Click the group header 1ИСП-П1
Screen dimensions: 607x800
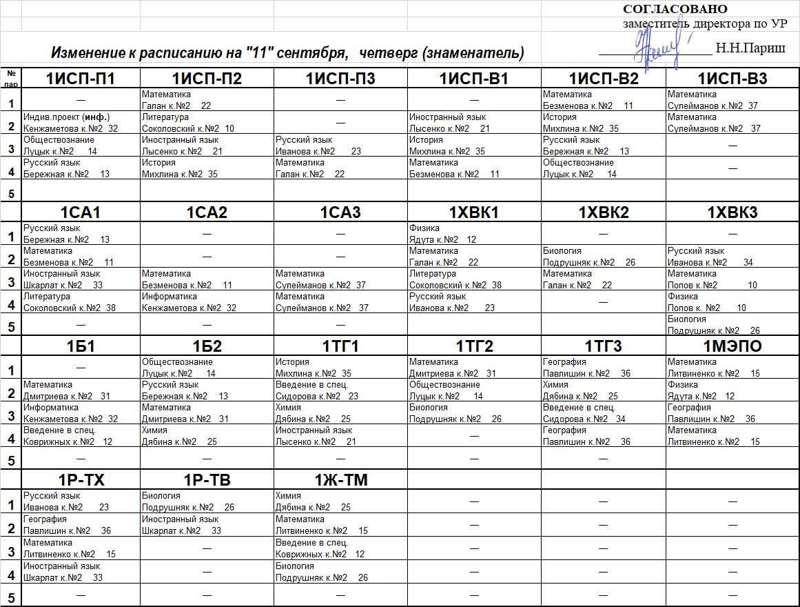(x=80, y=79)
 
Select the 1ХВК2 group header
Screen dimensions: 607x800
(x=603, y=212)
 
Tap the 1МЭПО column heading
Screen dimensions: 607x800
(x=732, y=346)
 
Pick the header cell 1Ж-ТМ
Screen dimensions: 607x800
(x=340, y=480)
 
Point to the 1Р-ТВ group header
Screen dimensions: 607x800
(x=207, y=480)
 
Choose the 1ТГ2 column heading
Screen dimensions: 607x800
(x=474, y=346)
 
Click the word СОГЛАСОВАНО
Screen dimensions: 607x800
(x=675, y=9)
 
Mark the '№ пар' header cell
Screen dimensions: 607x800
(x=11, y=77)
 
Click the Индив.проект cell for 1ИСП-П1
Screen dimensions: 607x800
(x=80, y=123)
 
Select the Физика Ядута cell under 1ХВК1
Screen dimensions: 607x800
(x=474, y=234)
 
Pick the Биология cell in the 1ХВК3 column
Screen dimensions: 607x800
(x=732, y=325)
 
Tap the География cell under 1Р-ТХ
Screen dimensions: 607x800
(x=80, y=525)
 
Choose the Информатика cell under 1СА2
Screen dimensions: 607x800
(x=207, y=302)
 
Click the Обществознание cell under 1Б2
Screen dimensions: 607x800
(x=207, y=368)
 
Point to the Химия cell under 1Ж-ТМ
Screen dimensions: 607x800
(x=340, y=501)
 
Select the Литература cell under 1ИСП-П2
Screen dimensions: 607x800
(x=207, y=123)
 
